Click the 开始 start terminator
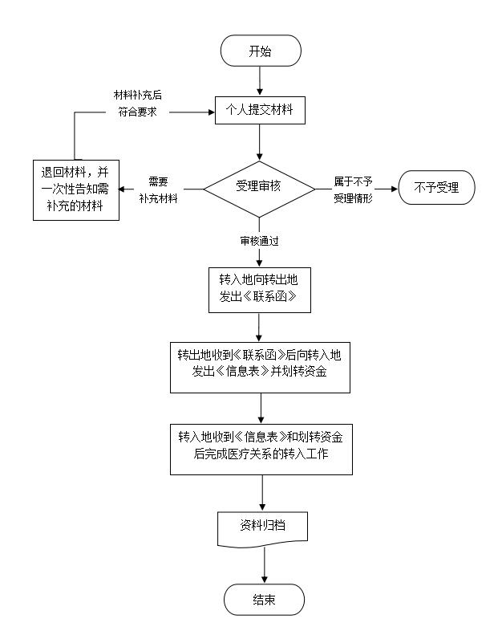[x=260, y=51]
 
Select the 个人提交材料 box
[x=260, y=111]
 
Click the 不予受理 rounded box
[x=436, y=188]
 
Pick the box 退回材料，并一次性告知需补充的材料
[x=75, y=190]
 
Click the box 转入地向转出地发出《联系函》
[x=259, y=289]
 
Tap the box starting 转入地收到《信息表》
[x=261, y=446]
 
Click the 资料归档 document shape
[x=263, y=528]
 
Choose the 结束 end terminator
[x=264, y=600]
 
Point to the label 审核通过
[x=259, y=240]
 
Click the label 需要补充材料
[x=158, y=189]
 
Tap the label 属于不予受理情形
[x=353, y=189]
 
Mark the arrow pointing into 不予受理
[x=385, y=189]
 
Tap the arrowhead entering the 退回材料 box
[x=123, y=189]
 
